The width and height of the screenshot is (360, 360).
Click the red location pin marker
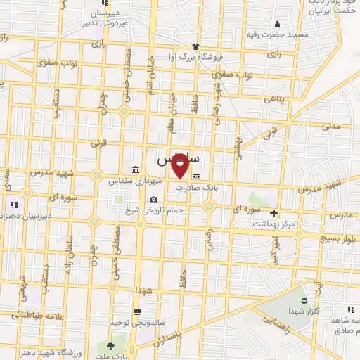click(180, 165)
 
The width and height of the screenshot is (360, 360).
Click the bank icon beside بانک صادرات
click(196, 177)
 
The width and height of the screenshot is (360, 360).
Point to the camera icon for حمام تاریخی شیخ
click(153, 200)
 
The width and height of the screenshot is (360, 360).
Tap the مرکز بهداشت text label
click(276, 223)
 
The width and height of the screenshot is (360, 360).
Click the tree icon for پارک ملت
click(110, 345)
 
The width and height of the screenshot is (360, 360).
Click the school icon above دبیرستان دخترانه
click(12, 205)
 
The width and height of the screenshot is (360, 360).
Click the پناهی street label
click(276, 100)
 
